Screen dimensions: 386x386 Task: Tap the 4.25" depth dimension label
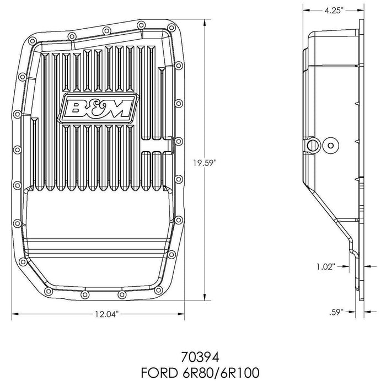(x=334, y=9)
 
